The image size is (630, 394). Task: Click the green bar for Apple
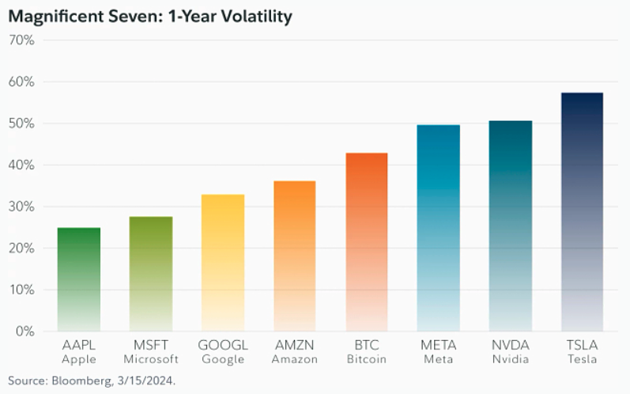[79, 278]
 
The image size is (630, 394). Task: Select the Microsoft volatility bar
[151, 273]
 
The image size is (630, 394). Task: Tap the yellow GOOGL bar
[223, 262]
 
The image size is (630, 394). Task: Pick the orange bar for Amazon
[295, 256]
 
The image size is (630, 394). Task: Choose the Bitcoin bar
[367, 241]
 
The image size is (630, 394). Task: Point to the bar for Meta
[439, 228]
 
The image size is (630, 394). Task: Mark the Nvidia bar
[511, 225]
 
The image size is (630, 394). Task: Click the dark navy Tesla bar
[582, 211]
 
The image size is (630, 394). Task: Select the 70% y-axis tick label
[21, 40]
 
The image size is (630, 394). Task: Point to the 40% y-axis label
[21, 165]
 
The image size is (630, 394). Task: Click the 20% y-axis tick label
[21, 248]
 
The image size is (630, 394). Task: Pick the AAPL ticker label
[79, 346]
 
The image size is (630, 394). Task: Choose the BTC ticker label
[367, 346]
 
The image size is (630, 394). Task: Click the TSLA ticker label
[582, 346]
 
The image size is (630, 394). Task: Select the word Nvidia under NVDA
[511, 359]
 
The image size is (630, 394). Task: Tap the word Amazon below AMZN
[295, 359]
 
